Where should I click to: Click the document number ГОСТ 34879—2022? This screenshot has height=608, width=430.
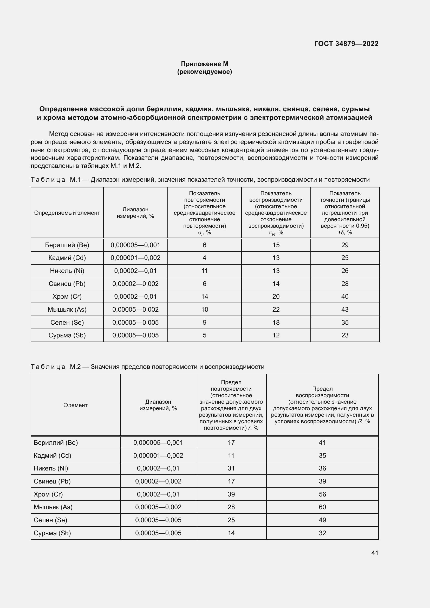point(346,44)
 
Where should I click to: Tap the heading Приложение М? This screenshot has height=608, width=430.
point(204,64)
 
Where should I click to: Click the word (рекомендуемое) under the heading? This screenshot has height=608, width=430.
point(204,72)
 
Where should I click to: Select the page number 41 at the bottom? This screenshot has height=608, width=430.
point(375,553)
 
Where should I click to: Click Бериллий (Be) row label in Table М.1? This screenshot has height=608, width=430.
point(67,245)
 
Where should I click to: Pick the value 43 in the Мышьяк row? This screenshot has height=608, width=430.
point(345,309)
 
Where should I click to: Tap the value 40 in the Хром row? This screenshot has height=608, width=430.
point(345,296)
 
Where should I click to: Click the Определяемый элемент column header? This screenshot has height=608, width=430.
point(67,213)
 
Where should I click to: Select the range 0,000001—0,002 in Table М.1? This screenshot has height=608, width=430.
point(135,258)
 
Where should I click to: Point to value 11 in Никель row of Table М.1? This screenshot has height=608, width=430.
point(204,271)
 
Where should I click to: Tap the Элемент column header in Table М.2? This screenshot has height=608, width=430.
point(75,405)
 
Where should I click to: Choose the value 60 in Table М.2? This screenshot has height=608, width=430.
point(322,507)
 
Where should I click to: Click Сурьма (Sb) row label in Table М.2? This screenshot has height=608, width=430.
point(52,533)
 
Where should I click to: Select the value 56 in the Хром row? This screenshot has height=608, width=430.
point(322,494)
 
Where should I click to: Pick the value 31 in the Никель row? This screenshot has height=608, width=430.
point(231,468)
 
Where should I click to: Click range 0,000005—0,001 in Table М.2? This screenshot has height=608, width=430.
point(158,442)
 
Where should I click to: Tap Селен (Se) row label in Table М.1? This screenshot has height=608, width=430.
point(67,322)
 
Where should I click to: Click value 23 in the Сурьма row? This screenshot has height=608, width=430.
point(345,335)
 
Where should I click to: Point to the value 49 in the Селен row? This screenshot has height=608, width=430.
point(322,520)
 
